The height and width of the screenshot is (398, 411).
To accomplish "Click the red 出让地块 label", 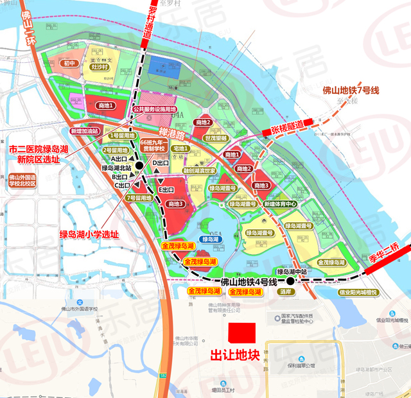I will [235, 356].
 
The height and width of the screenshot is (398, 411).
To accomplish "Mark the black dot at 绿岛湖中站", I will [290, 281].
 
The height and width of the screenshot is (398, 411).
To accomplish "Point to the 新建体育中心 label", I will [280, 204].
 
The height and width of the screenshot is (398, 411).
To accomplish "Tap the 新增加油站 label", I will [85, 130].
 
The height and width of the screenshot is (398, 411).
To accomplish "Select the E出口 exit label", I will [166, 190].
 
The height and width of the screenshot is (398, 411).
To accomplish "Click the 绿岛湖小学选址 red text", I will [89, 234].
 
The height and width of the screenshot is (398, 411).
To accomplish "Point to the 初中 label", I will [69, 64].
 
